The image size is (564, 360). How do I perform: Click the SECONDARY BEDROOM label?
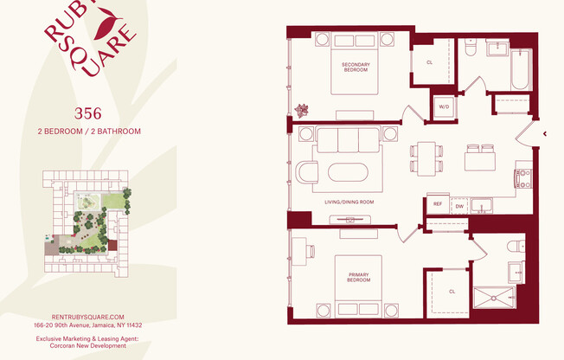(356, 67)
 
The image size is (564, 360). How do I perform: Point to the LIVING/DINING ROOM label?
(349, 202)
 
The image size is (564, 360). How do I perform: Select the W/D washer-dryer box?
(444, 106)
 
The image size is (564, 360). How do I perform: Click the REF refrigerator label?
(437, 206)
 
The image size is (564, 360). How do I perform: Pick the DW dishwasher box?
(458, 206)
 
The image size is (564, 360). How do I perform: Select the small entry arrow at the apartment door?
(544, 134)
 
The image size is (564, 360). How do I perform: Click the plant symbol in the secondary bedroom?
(302, 111)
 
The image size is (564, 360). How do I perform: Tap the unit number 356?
(88, 112)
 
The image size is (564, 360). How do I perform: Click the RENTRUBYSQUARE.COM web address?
(88, 318)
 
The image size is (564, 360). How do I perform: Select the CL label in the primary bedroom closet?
(452, 292)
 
